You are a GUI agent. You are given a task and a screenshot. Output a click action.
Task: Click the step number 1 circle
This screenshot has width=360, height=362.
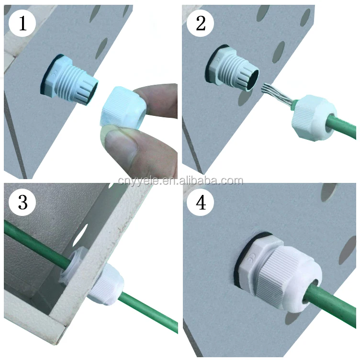coord(22,23)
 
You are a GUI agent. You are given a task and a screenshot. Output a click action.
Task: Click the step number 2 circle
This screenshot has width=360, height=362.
coord(200,23)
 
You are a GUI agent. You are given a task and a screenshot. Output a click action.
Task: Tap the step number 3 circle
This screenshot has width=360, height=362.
coord(22,202)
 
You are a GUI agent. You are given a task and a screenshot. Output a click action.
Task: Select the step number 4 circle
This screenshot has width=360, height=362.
coord(200,202)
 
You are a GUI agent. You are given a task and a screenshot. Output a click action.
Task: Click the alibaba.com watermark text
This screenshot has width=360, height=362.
coord(180,181)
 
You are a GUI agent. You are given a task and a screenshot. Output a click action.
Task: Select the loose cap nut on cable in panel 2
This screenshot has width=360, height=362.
coord(315,117)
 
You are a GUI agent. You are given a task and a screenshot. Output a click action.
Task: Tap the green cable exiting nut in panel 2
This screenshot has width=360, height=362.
coord(341,126)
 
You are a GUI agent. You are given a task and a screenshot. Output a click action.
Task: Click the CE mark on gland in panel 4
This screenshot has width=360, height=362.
coord(251,257)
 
